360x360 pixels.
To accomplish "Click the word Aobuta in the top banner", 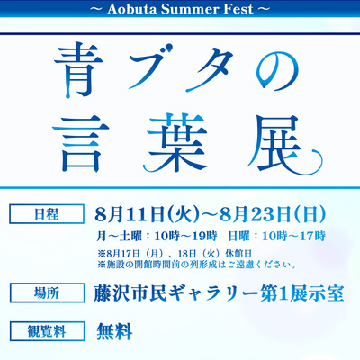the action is point(132,9).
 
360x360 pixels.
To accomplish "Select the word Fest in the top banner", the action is point(238,9).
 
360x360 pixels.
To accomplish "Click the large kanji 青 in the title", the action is point(79,71).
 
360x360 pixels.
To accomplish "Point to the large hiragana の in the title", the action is point(277,71).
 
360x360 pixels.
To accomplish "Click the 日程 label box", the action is point(47,214).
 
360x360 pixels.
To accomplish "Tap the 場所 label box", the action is point(47,292).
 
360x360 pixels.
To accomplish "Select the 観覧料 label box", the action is point(47,331).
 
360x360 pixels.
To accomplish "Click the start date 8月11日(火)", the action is point(148,214).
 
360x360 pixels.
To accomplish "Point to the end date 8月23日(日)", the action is point(273,214).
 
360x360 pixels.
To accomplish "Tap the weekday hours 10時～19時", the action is point(185,237).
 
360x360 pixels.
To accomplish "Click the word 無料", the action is point(114,331).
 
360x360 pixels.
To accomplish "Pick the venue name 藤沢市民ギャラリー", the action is point(176,293).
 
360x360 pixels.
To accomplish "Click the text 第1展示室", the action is point(301,293).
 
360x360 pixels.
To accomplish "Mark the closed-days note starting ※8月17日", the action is point(175,254).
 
